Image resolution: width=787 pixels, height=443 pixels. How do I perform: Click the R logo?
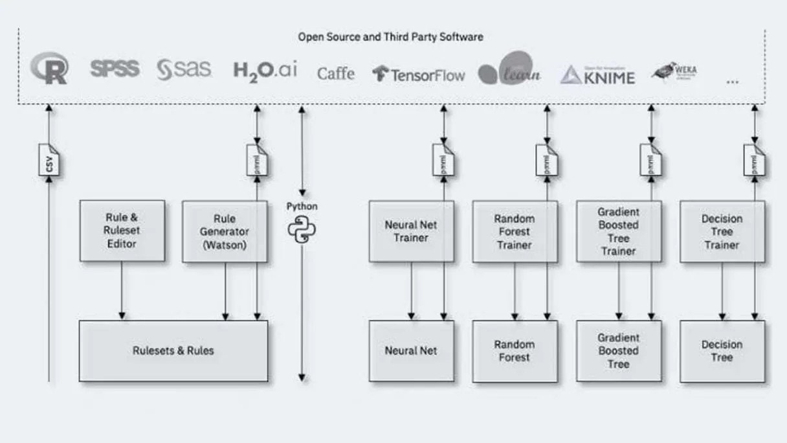coord(49,69)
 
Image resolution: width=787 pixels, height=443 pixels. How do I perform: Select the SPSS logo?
coord(115,69)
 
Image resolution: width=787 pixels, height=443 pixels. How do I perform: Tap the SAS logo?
coord(184,69)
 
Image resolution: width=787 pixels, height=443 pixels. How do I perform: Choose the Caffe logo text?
coord(335,73)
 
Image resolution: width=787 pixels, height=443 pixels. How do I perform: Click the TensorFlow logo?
coord(419,74)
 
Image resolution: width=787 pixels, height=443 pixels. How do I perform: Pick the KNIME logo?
coord(597,75)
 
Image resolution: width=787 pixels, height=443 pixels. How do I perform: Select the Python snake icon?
coord(302,230)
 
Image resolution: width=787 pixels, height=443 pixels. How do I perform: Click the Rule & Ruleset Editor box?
coord(122,231)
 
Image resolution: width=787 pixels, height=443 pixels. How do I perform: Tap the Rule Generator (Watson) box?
coord(224,231)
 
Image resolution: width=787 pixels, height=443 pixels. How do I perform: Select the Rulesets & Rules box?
coord(173,350)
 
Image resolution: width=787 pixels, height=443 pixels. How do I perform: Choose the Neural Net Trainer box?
coord(411,231)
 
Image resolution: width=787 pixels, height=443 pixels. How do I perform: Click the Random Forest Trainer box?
coord(515,231)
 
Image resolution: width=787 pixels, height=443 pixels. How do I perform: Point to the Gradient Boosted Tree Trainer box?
coord(618,231)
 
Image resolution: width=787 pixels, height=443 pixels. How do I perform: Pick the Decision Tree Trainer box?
coord(722,231)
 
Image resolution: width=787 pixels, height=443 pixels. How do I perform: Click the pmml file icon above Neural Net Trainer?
coord(443,160)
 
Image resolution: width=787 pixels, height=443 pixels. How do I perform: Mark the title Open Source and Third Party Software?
coord(390,37)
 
